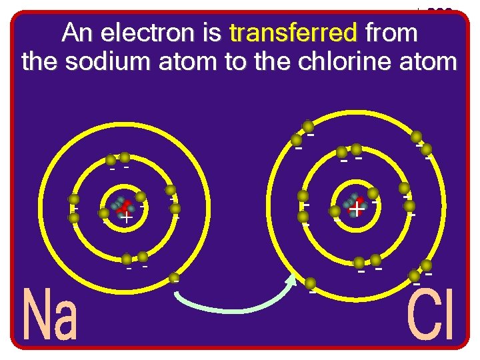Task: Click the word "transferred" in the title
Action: click(x=293, y=32)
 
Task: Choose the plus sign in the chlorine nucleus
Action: click(x=357, y=210)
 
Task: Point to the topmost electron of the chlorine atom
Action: click(x=307, y=126)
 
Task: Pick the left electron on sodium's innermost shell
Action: click(x=104, y=214)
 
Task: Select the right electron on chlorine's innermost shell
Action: click(x=373, y=193)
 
